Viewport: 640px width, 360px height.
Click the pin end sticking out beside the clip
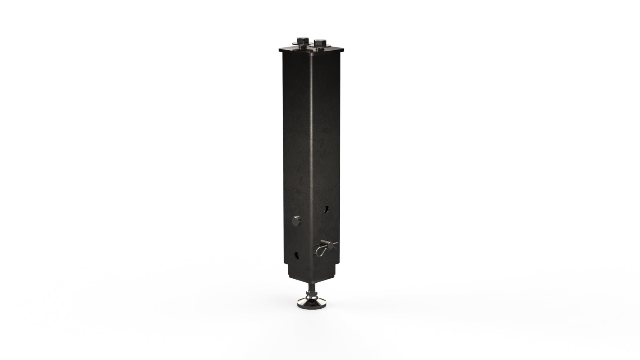click(333, 243)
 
